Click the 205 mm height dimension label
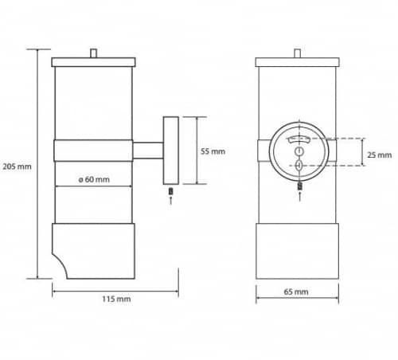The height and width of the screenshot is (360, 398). [17, 166]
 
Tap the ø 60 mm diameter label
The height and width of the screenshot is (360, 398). [94, 179]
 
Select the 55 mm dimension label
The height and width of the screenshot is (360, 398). [213, 151]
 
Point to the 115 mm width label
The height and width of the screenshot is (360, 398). [116, 299]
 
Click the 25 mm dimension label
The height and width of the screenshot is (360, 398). [380, 155]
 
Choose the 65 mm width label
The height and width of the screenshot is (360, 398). [296, 292]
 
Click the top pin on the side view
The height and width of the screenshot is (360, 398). [93, 53]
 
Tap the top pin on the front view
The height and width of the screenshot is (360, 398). [298, 53]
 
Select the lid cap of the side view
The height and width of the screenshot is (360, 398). [94, 62]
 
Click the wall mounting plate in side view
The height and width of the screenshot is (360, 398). [171, 151]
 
